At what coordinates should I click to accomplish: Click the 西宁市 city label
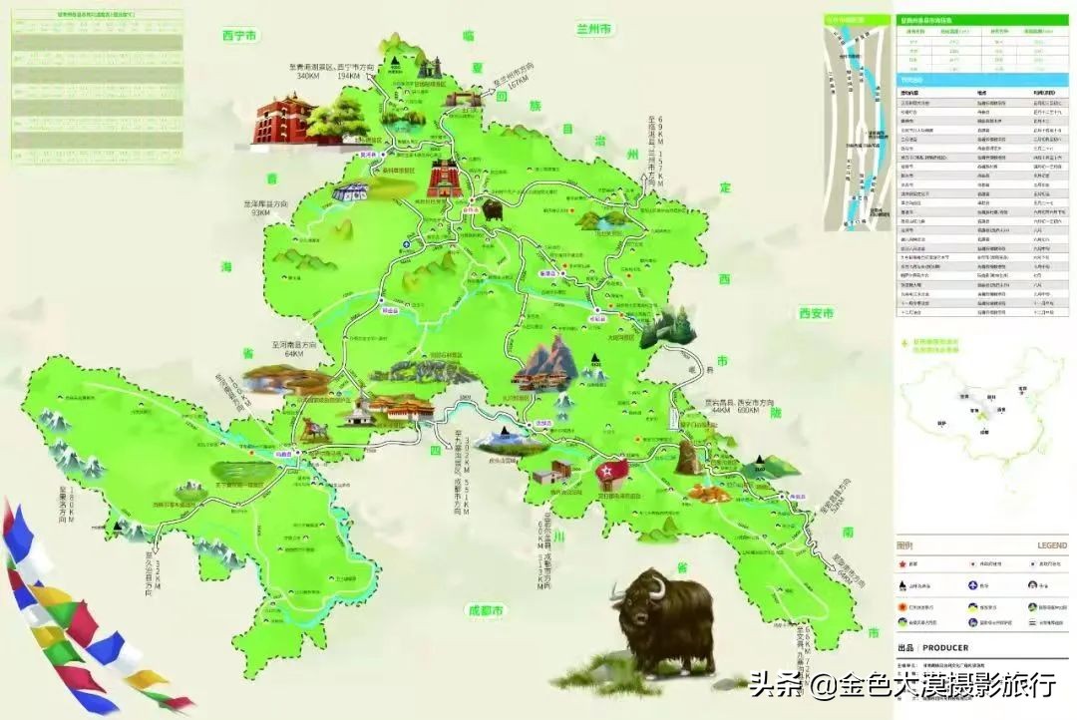coord(239,36)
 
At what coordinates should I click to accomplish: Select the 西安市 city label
coord(816,313)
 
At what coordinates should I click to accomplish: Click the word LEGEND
coord(1051,545)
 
